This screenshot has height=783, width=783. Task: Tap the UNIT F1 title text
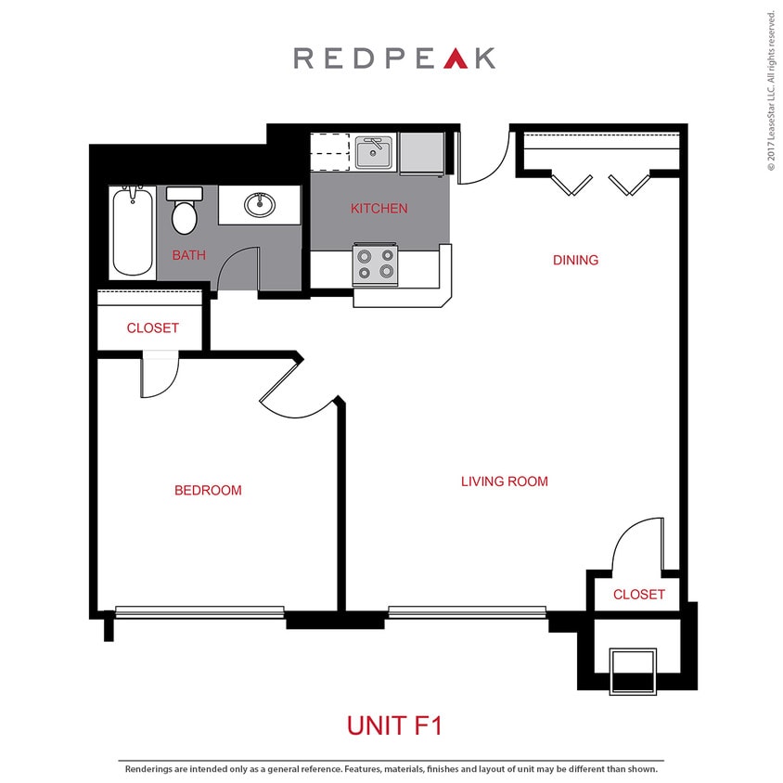[394, 725]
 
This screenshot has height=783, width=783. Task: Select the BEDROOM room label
[208, 490]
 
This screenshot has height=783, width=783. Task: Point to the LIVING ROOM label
[505, 481]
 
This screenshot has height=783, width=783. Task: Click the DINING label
[575, 260]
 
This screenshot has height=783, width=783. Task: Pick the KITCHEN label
[379, 209]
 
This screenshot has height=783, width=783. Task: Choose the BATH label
[188, 255]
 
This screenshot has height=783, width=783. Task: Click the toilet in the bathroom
[185, 212]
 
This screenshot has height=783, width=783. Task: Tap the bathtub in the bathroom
[132, 231]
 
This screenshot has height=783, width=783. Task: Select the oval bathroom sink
[260, 204]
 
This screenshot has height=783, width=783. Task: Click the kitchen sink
[375, 153]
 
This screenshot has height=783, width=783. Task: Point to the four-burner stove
[376, 264]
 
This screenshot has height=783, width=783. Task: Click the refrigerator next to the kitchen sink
[422, 153]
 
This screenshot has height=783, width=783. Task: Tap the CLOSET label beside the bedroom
[152, 328]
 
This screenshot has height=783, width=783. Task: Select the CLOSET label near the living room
[639, 594]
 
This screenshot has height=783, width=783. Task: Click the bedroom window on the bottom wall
[199, 611]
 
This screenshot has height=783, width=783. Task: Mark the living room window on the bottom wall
[467, 611]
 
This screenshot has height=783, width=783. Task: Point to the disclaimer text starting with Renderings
[391, 769]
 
